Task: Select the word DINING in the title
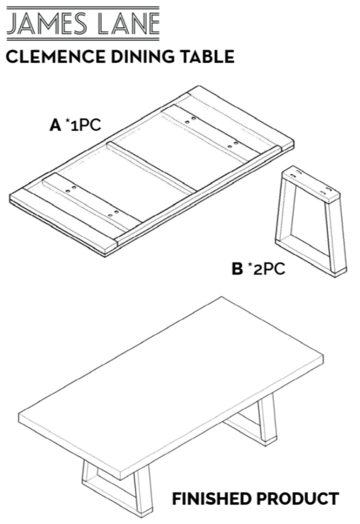143,57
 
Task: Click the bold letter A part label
55,125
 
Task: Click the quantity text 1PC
86,125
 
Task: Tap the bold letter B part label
237,269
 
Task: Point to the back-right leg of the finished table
268,418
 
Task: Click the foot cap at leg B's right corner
341,272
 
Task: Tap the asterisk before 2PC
249,265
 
